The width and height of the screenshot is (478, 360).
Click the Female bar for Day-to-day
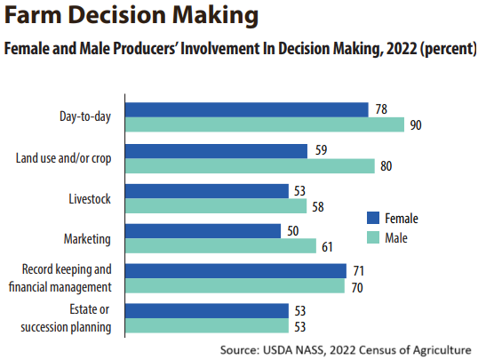tap(247, 110)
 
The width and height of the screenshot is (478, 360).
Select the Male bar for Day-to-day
tap(265, 124)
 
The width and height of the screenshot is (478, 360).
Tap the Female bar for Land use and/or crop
tap(216, 151)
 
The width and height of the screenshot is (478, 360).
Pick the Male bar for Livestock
tap(216, 205)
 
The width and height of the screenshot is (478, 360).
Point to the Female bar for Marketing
tap(203, 231)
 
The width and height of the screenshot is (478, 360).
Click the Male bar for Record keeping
tap(235, 285)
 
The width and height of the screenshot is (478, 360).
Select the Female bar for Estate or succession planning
tap(207, 311)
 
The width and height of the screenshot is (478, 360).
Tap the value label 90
tap(416, 125)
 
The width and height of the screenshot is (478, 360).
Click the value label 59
tap(322, 150)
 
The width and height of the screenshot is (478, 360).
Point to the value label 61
tap(327, 247)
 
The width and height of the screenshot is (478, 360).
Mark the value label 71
tap(359, 270)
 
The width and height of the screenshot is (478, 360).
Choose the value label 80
tap(386, 166)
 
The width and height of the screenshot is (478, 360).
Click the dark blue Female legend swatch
tap(373, 218)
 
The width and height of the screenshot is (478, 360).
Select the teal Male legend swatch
tap(373, 237)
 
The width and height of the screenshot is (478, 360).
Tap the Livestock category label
tap(90, 199)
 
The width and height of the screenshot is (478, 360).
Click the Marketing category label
tap(87, 239)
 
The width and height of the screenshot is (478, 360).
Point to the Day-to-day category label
tap(85, 116)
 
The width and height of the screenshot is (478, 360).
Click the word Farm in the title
tap(33, 14)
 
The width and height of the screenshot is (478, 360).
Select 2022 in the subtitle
tap(402, 49)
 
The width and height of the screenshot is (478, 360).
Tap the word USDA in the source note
tap(278, 349)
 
